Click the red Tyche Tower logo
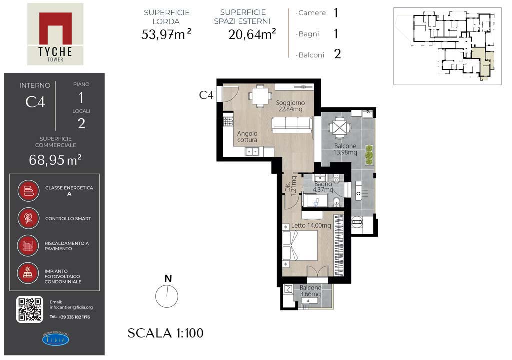click(55, 34)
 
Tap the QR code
click(29, 309)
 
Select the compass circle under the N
click(167, 296)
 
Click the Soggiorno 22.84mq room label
click(290, 106)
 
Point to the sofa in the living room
click(291, 125)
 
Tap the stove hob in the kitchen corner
click(228, 122)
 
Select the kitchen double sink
click(252, 152)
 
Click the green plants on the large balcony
click(369, 155)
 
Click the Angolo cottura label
click(247, 137)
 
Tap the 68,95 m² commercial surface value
click(55, 160)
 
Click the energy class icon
click(28, 191)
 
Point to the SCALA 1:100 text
click(165, 333)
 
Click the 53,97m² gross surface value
click(166, 34)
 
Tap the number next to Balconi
click(337, 54)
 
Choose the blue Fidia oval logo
click(56, 339)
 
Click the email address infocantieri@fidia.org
click(71, 307)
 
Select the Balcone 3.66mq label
click(310, 291)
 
